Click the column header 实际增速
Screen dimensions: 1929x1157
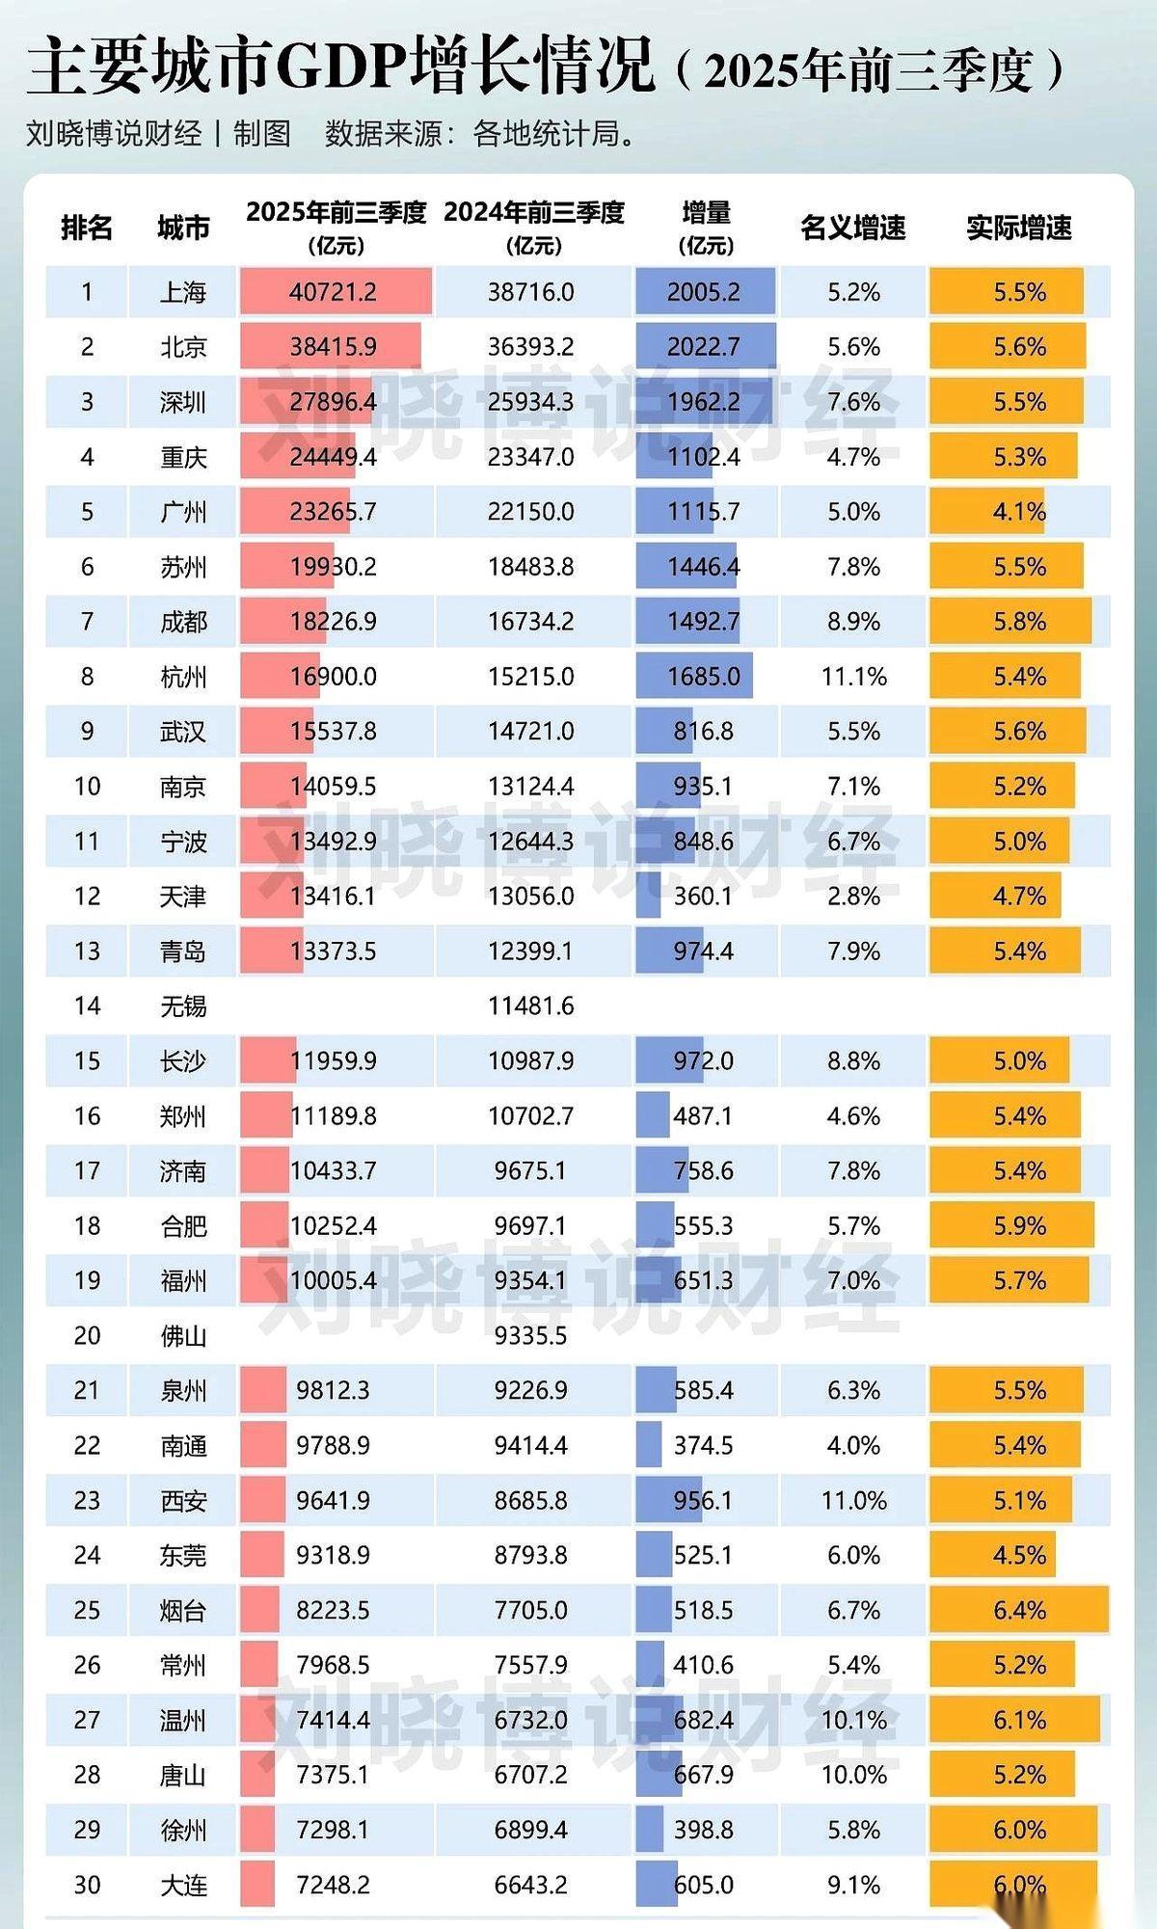(1019, 228)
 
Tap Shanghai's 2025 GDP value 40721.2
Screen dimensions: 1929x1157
(333, 292)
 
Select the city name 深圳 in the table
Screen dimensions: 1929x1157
(183, 402)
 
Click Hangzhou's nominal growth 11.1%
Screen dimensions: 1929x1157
(853, 677)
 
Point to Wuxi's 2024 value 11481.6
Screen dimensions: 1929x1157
(530, 1006)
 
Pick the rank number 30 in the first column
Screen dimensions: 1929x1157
(87, 1885)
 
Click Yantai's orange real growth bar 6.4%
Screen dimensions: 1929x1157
(1019, 1610)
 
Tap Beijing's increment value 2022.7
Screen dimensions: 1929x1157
(704, 347)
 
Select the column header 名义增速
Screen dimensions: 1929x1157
(853, 228)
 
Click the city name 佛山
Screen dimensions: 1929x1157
(183, 1336)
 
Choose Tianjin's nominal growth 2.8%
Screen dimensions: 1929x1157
(853, 897)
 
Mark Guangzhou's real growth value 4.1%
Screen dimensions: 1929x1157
(1019, 512)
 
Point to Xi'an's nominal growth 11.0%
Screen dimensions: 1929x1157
(853, 1500)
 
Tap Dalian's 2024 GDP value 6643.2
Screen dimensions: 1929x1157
(530, 1885)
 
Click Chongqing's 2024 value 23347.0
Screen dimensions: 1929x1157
(530, 457)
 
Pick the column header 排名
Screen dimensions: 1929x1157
(87, 228)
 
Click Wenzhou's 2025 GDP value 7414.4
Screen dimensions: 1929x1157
(333, 1720)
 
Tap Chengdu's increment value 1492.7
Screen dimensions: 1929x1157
(704, 622)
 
